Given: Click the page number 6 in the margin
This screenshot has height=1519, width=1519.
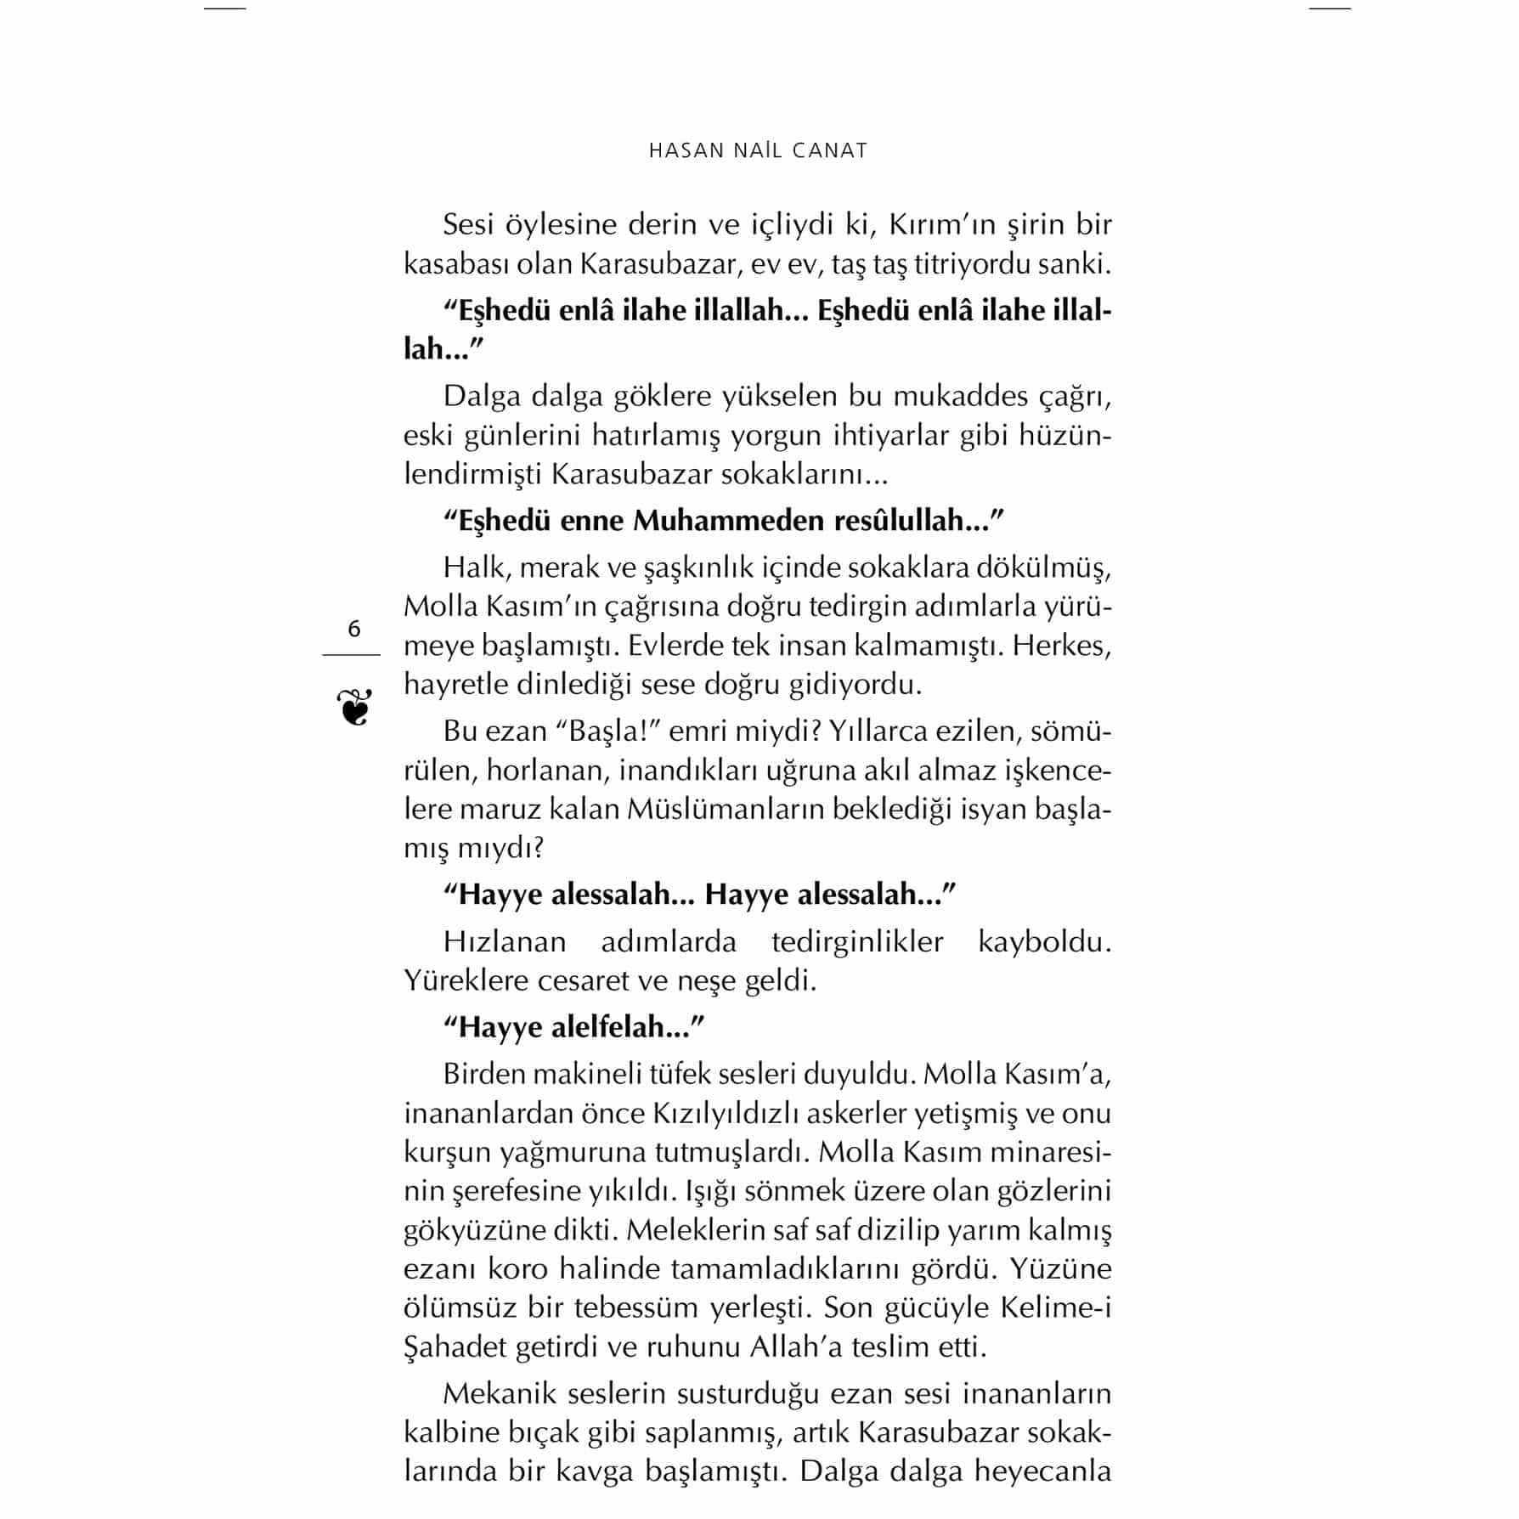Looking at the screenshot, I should (354, 630).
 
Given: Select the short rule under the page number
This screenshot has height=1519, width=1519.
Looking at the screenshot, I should (351, 655).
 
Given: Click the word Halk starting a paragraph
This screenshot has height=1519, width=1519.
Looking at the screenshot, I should (474, 568).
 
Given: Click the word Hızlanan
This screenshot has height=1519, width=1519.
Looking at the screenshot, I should (505, 941).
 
